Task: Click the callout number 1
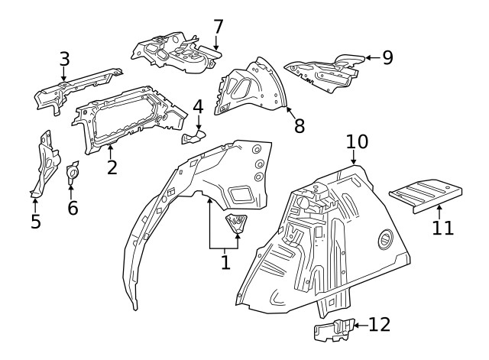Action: coord(225,262)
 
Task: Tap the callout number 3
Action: coord(64,59)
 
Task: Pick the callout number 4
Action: coord(198,106)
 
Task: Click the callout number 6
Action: coord(73,207)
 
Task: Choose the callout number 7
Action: coord(219,27)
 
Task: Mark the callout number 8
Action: coord(299,125)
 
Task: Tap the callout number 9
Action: coord(387,57)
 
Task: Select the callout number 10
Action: coord(357,141)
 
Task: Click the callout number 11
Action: coord(443,227)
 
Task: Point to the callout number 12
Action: coord(380,324)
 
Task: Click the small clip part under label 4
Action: coord(193,138)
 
